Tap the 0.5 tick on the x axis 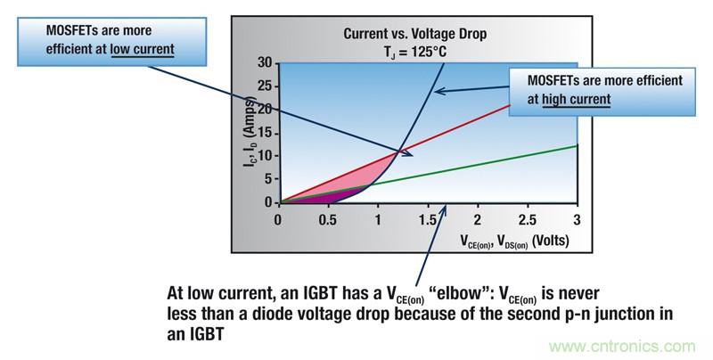(x=329, y=219)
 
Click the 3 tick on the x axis (x=577, y=219)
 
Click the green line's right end (x=577, y=145)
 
